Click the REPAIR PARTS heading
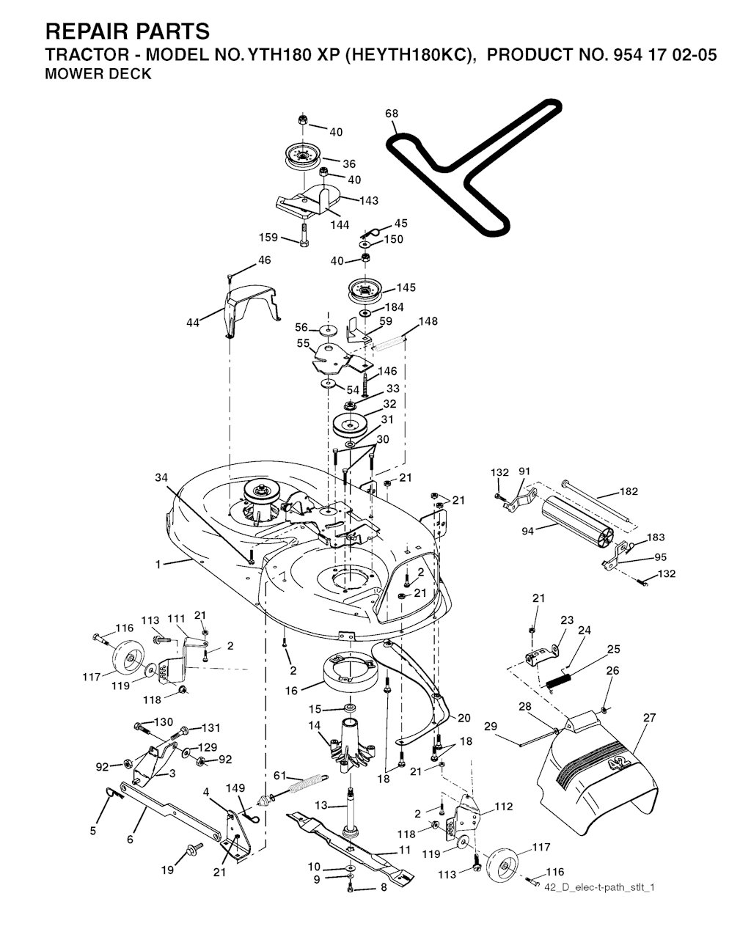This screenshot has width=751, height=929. [127, 32]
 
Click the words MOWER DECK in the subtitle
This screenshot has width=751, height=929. [98, 74]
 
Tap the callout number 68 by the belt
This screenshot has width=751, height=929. [392, 114]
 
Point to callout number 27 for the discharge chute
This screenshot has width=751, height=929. [649, 718]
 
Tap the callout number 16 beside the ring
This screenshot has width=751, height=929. [291, 690]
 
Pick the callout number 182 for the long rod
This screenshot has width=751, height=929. [629, 491]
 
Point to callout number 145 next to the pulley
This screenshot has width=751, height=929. [406, 287]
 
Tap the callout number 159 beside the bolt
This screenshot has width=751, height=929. [269, 238]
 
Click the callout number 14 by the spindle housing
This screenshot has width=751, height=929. [315, 726]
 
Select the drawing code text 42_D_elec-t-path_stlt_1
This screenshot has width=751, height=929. [600, 887]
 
